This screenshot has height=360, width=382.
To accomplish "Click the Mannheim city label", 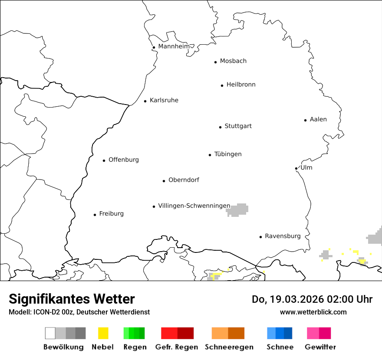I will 174,46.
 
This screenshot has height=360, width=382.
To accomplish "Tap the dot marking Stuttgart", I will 220,127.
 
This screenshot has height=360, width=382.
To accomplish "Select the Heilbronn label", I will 241,85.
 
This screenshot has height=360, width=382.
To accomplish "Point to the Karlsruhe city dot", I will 145,101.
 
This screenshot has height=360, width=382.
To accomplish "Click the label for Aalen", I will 318,119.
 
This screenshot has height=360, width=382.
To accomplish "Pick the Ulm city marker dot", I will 296,168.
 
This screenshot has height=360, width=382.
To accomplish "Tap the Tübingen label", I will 228,154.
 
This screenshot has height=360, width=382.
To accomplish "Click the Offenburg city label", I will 124,160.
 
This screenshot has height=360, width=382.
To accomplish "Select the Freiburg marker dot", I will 95,215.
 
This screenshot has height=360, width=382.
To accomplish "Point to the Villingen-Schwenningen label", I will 194,206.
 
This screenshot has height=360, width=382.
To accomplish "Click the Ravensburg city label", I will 283,236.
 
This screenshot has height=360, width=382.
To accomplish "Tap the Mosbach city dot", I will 215,62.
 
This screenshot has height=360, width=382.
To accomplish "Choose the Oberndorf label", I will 184,180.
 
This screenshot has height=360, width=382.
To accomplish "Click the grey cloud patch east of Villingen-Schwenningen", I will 237,210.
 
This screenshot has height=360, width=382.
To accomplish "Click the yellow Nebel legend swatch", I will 103,333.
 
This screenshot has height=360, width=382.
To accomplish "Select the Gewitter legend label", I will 320,347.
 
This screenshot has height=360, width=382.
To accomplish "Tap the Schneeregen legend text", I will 229,347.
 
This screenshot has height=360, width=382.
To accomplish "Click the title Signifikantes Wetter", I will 72,299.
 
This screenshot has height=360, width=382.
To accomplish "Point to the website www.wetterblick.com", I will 313,312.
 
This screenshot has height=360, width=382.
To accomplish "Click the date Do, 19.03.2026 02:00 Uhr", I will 312,299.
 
